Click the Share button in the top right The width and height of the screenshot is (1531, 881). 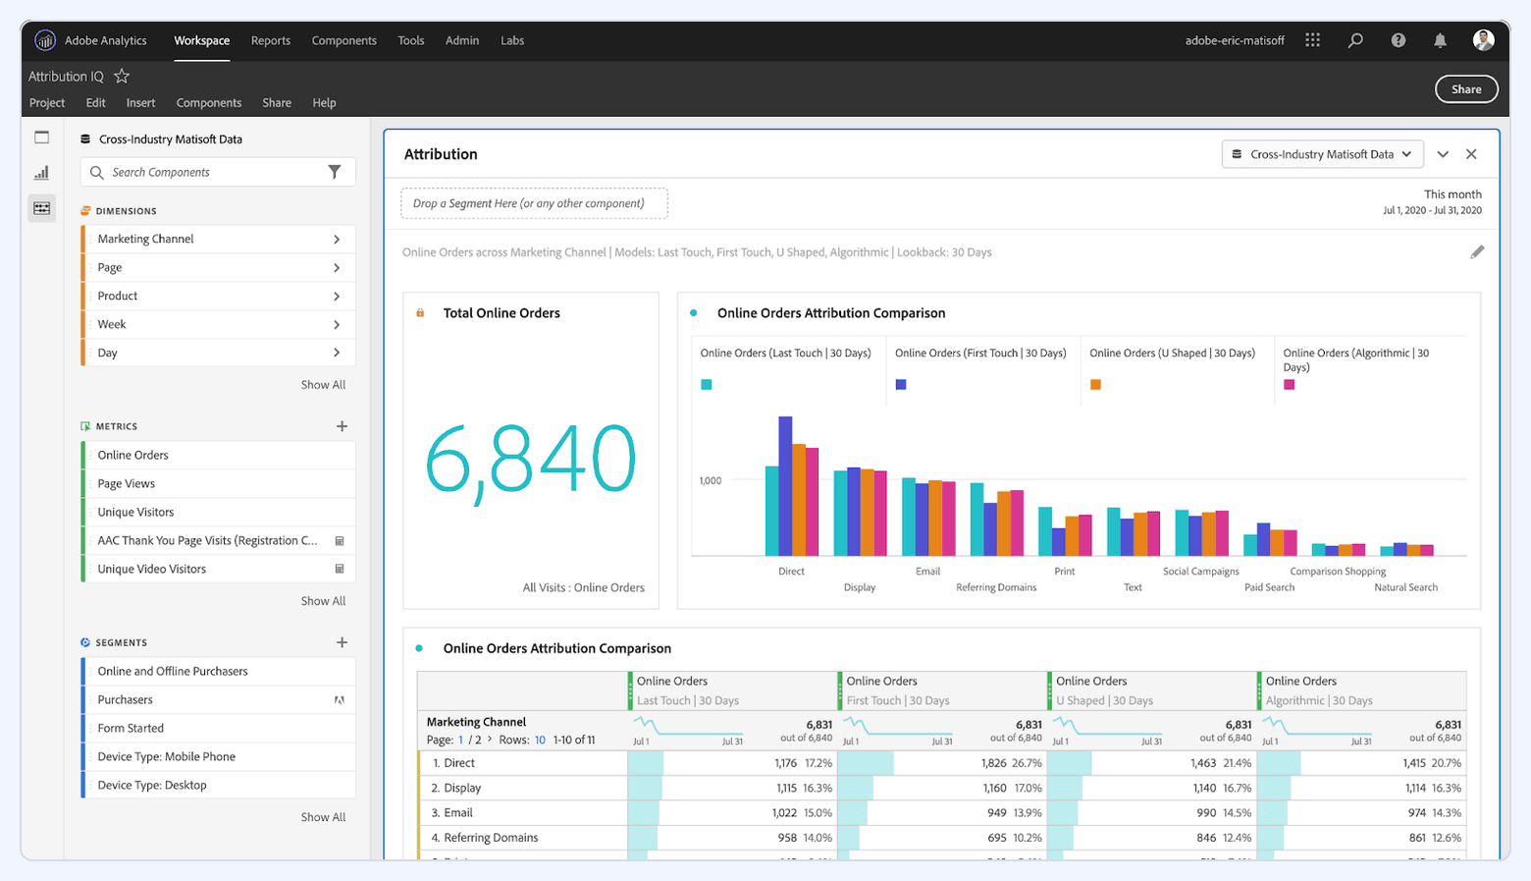[1466, 89]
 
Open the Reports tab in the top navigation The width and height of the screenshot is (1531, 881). [270, 40]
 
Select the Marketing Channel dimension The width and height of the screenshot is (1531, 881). [145, 239]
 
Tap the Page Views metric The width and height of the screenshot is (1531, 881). [127, 483]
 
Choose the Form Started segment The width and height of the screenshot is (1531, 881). [131, 728]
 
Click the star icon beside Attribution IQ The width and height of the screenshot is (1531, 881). [122, 77]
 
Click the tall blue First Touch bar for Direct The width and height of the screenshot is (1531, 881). [785, 486]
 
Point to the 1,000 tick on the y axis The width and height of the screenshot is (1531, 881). [710, 480]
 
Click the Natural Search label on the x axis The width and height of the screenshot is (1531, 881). [1405, 587]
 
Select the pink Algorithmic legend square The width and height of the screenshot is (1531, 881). [1290, 385]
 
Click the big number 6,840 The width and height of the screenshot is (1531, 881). [530, 460]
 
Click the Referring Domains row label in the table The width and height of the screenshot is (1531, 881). [491, 838]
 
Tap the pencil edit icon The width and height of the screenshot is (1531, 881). [1477, 252]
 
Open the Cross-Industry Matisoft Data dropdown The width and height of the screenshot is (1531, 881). [1322, 154]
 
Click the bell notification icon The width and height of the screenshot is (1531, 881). [1440, 40]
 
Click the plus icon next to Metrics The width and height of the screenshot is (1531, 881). [342, 426]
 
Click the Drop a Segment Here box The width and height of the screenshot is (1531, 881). [534, 203]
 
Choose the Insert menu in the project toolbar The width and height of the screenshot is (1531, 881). [140, 103]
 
